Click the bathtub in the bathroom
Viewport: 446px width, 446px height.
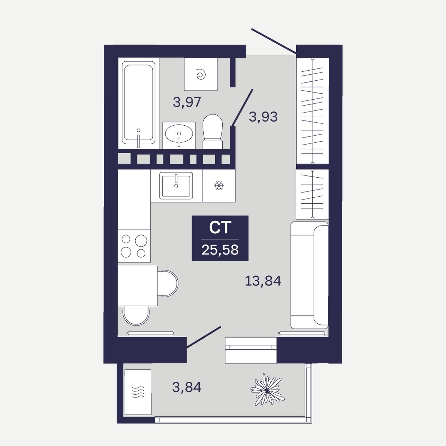(138, 103)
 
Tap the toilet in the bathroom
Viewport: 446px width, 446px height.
(213, 131)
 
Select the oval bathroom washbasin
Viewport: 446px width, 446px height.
(179, 134)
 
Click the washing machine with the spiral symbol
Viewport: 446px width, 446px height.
(201, 74)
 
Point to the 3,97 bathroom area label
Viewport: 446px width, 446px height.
(187, 102)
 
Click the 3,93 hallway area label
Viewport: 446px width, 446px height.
(263, 117)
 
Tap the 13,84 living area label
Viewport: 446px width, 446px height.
(263, 281)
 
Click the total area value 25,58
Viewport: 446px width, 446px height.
(220, 250)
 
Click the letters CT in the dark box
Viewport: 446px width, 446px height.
(220, 227)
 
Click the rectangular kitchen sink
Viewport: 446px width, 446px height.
(176, 185)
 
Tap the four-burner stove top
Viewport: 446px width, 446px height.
(134, 246)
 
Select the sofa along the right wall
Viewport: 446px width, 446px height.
(310, 275)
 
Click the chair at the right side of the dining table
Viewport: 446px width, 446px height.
(168, 283)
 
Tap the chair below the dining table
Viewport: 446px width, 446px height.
(136, 316)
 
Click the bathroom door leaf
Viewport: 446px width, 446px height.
(242, 108)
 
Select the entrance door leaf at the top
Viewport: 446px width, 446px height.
(274, 41)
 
